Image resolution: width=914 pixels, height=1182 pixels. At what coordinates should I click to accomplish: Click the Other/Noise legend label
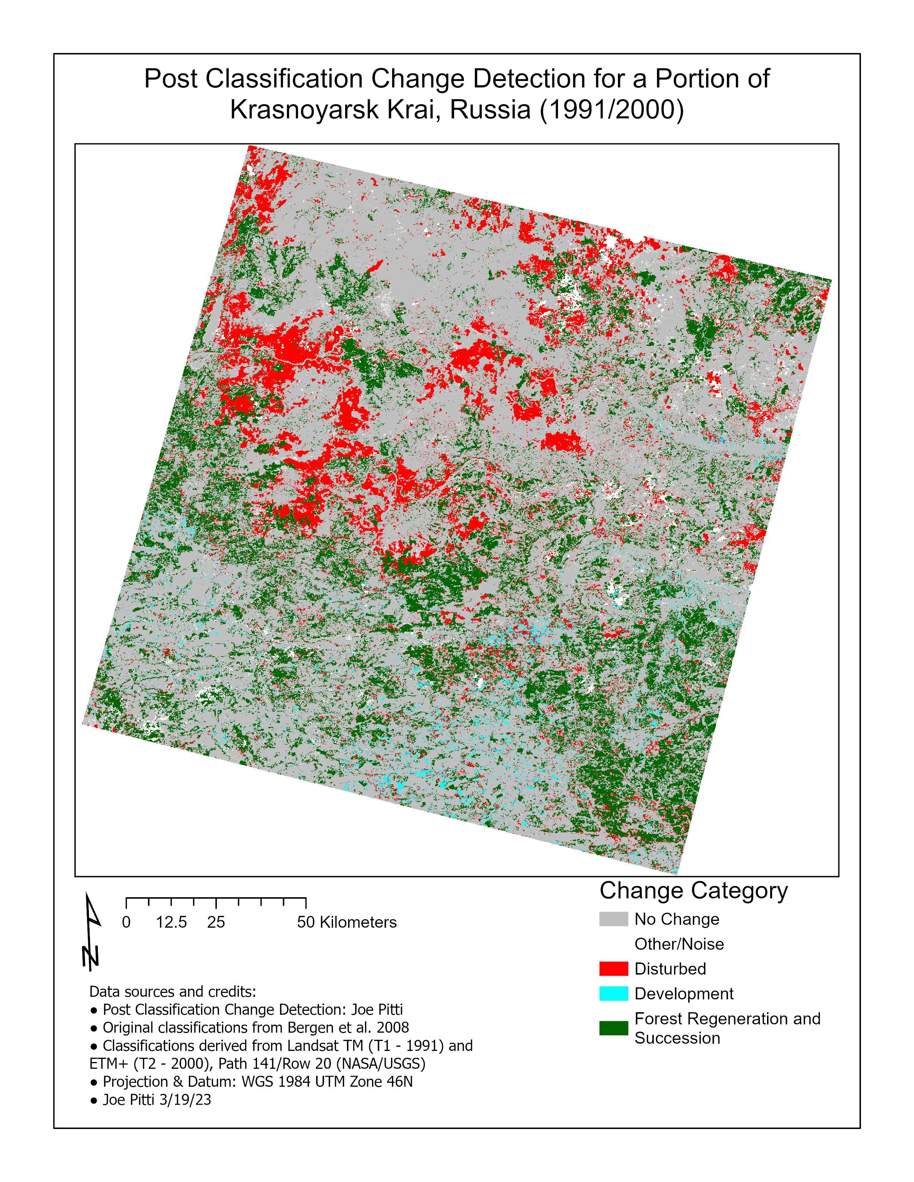(x=679, y=944)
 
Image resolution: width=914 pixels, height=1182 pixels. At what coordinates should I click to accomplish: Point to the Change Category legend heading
(x=693, y=891)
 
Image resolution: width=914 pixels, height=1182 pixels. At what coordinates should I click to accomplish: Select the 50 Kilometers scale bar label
(x=347, y=922)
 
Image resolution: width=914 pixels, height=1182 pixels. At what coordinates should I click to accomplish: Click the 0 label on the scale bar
(x=126, y=922)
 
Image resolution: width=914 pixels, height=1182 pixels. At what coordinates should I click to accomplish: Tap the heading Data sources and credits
(x=172, y=991)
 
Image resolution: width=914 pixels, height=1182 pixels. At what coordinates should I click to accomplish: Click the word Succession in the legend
(x=677, y=1038)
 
